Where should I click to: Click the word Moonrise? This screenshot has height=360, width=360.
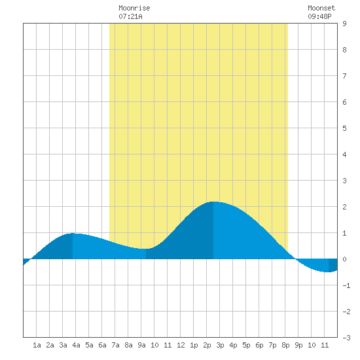(x=134, y=8)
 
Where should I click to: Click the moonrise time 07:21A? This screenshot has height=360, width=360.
(x=130, y=16)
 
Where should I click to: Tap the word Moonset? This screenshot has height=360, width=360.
(x=321, y=8)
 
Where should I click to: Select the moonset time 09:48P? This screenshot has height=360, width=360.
(x=319, y=16)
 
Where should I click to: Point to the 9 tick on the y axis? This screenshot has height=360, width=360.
(x=344, y=24)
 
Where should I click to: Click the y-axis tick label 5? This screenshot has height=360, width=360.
(x=344, y=128)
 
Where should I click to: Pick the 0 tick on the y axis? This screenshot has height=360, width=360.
(x=344, y=259)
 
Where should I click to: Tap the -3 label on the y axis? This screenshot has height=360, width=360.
(x=346, y=338)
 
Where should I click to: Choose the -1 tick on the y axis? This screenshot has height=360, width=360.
(x=346, y=285)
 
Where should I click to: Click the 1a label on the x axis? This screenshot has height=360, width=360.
(x=37, y=345)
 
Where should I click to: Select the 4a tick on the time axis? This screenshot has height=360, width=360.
(x=76, y=345)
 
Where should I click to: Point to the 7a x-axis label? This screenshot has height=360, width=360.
(x=115, y=345)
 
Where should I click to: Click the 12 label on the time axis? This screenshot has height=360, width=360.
(x=181, y=345)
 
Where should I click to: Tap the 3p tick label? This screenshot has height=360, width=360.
(x=220, y=345)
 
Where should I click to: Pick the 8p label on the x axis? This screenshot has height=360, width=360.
(x=285, y=345)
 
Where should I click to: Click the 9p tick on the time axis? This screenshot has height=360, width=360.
(x=298, y=345)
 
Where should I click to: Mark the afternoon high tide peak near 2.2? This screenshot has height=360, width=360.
(x=213, y=202)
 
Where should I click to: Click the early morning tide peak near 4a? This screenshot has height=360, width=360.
(x=73, y=233)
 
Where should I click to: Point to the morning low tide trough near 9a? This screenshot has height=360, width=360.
(x=146, y=249)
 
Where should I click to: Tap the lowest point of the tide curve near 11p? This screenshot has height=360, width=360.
(x=329, y=272)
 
